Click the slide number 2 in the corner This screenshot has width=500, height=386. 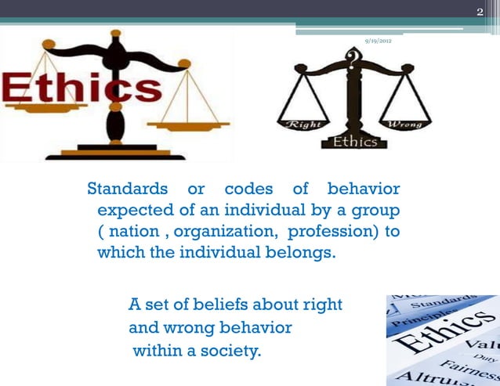click(480, 11)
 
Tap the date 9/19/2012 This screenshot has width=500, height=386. click(379, 40)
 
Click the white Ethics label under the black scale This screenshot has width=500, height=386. click(355, 142)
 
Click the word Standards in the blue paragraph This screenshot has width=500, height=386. click(126, 189)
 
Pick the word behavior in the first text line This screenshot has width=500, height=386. click(364, 189)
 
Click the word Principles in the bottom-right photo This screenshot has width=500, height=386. click(416, 316)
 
